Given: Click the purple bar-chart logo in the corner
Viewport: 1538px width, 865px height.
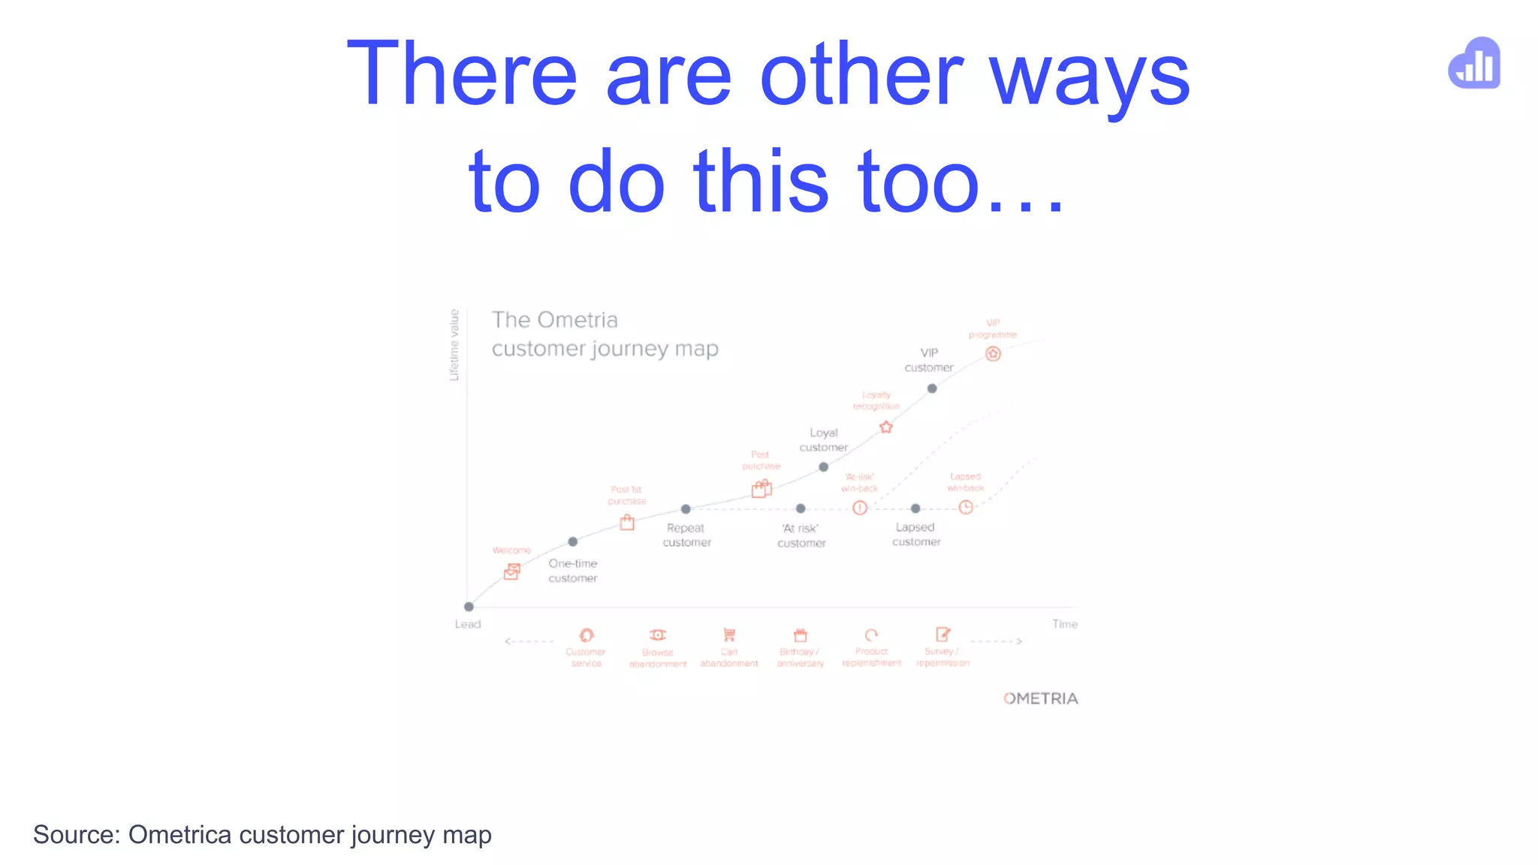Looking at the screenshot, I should pyautogui.click(x=1474, y=64).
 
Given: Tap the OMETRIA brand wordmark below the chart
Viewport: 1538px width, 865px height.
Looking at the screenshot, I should pyautogui.click(x=1040, y=698).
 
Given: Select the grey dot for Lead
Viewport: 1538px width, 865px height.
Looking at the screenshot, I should pyautogui.click(x=469, y=607).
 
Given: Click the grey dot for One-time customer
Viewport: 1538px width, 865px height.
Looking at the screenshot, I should pyautogui.click(x=573, y=541).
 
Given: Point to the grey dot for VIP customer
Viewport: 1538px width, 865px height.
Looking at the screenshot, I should pyautogui.click(x=932, y=388).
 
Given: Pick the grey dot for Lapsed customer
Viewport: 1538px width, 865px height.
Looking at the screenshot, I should pyautogui.click(x=915, y=508).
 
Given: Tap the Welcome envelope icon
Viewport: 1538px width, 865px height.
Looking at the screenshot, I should pyautogui.click(x=512, y=571).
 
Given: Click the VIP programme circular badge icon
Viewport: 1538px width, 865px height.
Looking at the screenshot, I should pyautogui.click(x=993, y=354).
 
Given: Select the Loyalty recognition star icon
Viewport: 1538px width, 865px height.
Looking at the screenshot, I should pyautogui.click(x=886, y=427).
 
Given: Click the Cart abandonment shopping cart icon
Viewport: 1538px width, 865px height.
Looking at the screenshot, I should pyautogui.click(x=728, y=635).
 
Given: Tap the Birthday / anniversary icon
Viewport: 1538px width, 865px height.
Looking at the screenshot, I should pyautogui.click(x=801, y=635).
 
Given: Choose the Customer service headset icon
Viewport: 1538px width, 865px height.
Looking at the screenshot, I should pyautogui.click(x=587, y=635).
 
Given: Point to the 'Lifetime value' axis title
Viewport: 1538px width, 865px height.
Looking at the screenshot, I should pyautogui.click(x=454, y=345).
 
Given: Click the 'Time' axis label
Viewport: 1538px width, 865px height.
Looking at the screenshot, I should pyautogui.click(x=1064, y=624).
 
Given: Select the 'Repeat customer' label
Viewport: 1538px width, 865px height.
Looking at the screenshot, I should pyautogui.click(x=686, y=535).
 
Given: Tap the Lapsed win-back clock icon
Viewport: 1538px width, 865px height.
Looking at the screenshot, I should pyautogui.click(x=966, y=508).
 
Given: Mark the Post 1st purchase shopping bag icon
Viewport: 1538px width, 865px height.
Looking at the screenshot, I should pyautogui.click(x=627, y=523).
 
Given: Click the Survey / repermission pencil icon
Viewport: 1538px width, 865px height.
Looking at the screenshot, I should pyautogui.click(x=942, y=634).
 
